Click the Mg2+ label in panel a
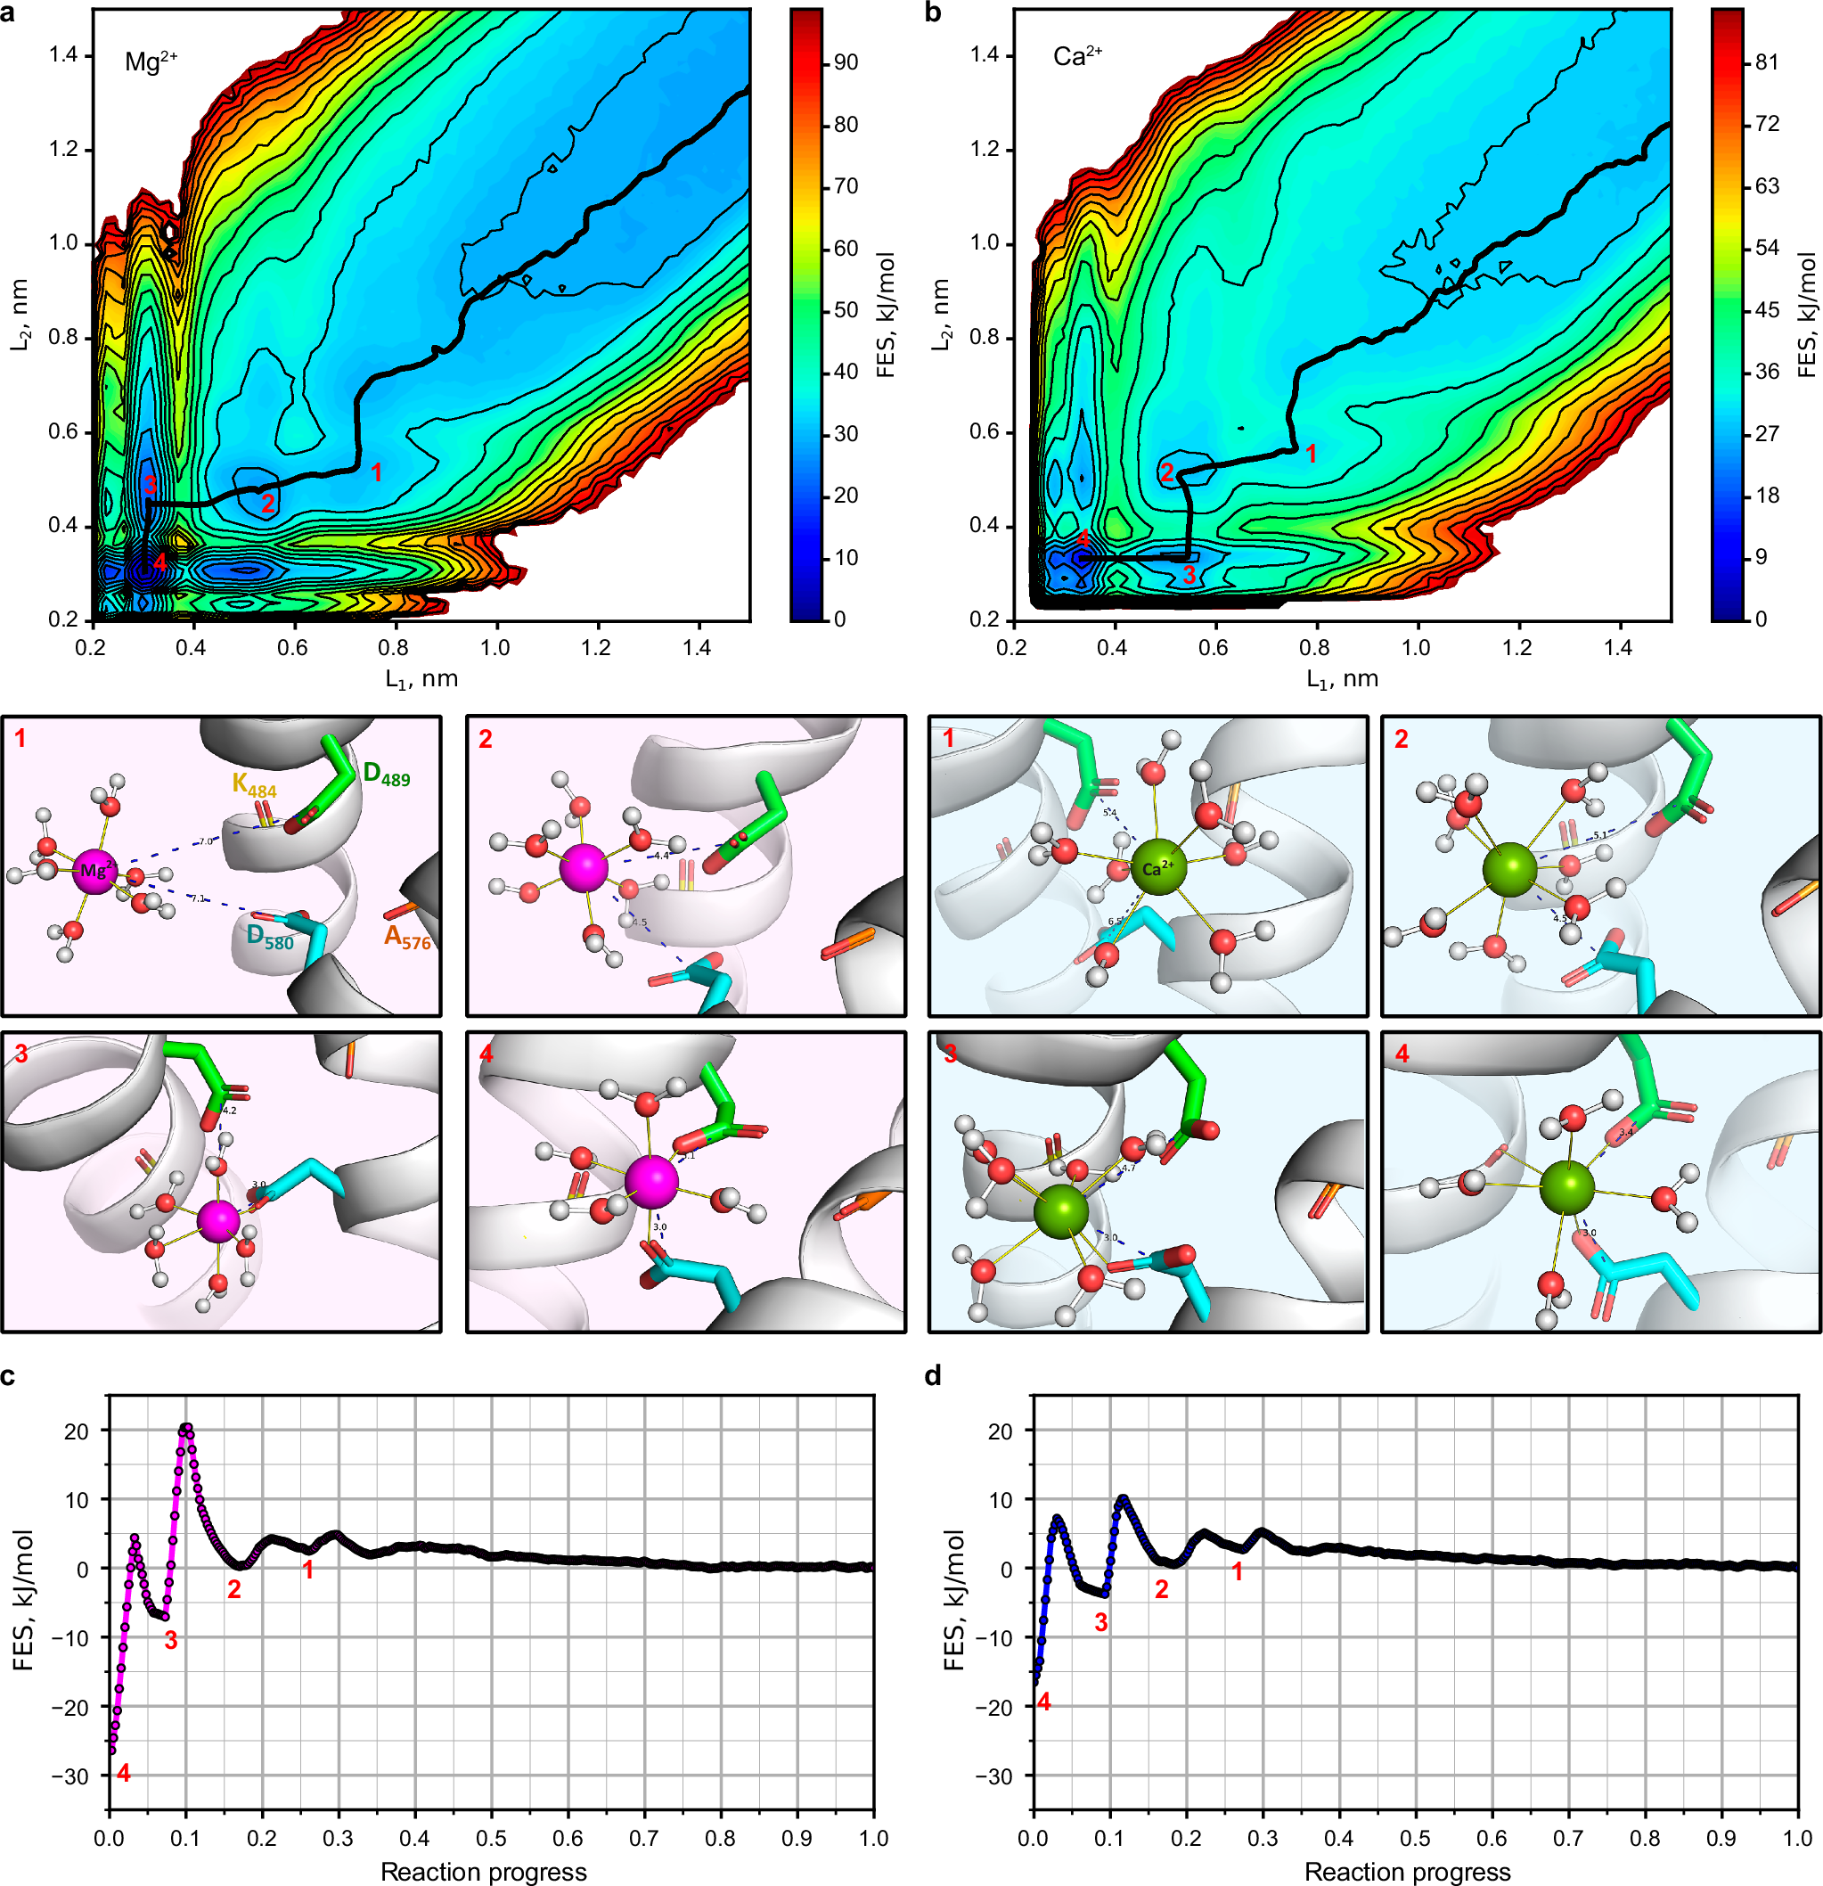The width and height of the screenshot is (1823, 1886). click(x=151, y=62)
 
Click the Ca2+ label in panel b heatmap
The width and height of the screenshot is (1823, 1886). click(x=1076, y=57)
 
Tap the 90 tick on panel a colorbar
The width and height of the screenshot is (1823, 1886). click(x=846, y=62)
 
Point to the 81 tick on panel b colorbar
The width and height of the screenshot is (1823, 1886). click(x=1766, y=62)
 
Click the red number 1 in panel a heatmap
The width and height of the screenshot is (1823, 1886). click(x=377, y=472)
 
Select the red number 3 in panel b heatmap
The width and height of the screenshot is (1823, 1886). click(x=1189, y=575)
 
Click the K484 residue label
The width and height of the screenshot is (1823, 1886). click(x=254, y=784)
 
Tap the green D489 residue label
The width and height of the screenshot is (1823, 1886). click(x=386, y=774)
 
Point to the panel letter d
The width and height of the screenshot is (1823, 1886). click(x=932, y=1376)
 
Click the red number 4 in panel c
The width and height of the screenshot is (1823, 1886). click(x=123, y=1773)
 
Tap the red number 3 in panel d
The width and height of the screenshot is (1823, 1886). click(x=1100, y=1622)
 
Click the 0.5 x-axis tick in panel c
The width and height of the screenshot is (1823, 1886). click(x=491, y=1838)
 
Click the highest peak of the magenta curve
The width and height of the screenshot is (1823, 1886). click(x=186, y=1429)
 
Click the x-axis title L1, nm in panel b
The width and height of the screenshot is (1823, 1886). click(x=1341, y=679)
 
